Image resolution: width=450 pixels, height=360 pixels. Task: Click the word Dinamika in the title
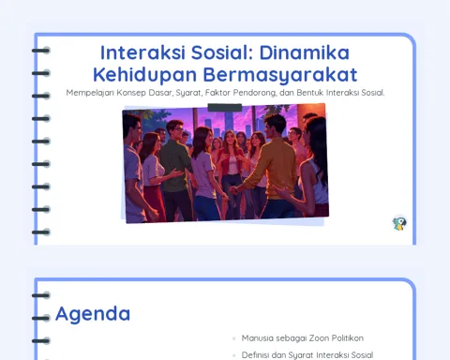[x=305, y=52]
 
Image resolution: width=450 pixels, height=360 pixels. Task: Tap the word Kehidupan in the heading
[x=145, y=75]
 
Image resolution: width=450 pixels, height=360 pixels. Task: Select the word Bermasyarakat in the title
[x=280, y=75]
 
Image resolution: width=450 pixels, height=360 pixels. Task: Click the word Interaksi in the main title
[x=142, y=52]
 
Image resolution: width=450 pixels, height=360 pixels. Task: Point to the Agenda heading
[x=93, y=314]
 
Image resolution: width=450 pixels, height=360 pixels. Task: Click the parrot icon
[x=399, y=223]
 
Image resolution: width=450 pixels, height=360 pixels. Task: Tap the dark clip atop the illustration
[x=225, y=108]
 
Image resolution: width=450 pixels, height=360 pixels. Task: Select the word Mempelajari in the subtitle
[x=90, y=93]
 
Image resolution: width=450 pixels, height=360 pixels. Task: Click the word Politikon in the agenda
[x=348, y=338]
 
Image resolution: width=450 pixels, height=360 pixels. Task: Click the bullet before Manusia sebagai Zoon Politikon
[x=234, y=338]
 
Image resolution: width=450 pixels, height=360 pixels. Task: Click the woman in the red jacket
[x=232, y=162]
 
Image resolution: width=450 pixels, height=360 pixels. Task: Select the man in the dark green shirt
[x=175, y=166]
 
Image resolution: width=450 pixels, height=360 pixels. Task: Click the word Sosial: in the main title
[x=222, y=52]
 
